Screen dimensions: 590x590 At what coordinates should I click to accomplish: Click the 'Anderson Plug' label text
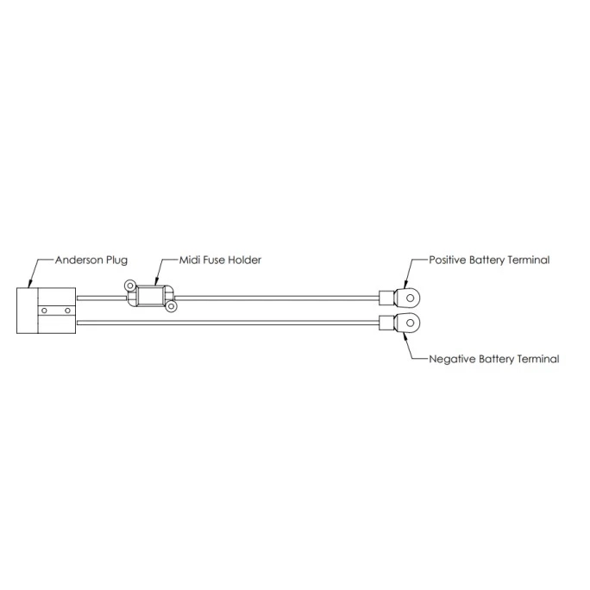pos(91,260)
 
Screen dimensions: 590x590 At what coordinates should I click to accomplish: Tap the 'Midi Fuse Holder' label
pos(220,260)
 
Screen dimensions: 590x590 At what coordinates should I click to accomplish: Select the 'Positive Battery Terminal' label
pos(490,260)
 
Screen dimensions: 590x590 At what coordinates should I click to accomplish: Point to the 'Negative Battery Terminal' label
pos(494,359)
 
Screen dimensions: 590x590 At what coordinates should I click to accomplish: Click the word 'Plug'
pos(116,260)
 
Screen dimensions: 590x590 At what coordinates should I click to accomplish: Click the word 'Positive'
pos(448,260)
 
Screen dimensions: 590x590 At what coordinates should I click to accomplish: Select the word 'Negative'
pos(452,359)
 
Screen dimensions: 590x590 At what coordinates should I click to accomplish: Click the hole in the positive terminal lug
pos(411,298)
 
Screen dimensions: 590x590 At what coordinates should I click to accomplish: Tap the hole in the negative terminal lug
pos(411,323)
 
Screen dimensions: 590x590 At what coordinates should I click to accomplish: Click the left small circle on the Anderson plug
pos(44,311)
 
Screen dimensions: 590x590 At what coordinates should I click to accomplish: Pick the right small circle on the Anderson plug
pos(68,311)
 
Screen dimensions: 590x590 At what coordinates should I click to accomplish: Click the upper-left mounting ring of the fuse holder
pos(129,286)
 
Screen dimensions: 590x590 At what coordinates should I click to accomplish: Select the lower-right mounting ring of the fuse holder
pos(171,307)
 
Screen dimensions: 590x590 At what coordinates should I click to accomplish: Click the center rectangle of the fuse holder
pos(150,296)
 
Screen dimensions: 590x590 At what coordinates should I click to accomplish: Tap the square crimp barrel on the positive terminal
pos(386,298)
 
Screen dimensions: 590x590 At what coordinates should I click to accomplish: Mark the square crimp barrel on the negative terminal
pos(386,323)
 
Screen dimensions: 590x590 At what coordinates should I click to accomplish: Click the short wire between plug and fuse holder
pos(102,298)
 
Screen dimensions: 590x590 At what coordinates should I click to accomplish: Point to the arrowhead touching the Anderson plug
pos(30,284)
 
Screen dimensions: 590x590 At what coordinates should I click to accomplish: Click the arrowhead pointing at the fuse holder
pos(156,281)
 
